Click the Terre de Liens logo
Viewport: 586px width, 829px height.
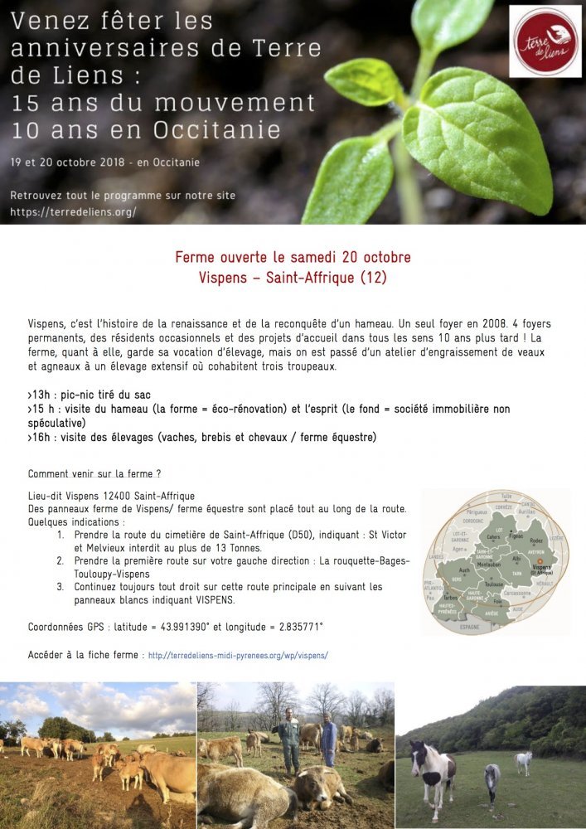545,41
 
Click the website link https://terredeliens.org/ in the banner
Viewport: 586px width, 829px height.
73,212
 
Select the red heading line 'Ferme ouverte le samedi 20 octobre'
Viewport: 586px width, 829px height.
293,257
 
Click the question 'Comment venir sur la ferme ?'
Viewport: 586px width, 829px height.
94,474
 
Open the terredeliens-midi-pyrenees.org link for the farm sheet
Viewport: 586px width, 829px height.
237,655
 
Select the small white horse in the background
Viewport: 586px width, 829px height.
524,762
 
